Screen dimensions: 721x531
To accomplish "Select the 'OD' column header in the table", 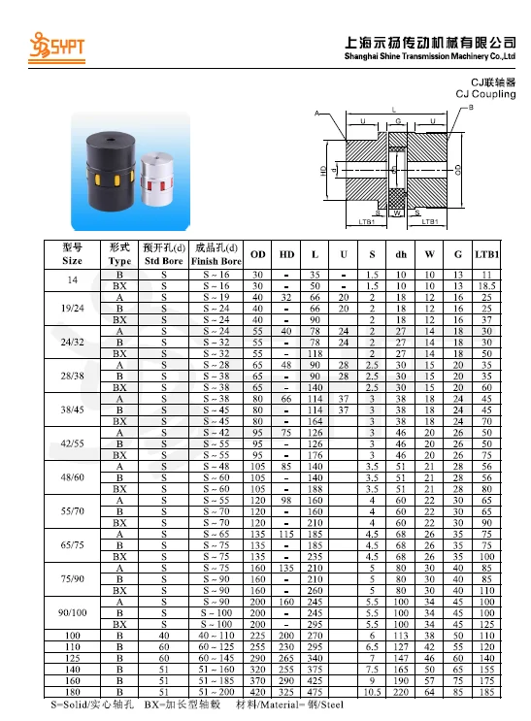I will [258, 254].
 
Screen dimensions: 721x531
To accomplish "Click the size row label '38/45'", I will [72, 410].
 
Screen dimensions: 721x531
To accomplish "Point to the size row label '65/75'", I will [72, 545].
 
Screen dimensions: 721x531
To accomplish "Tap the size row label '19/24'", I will [72, 308].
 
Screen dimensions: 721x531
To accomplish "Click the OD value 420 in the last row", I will [258, 693].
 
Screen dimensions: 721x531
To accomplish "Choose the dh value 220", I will [400, 693].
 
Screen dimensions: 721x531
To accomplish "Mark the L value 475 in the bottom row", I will [315, 693].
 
